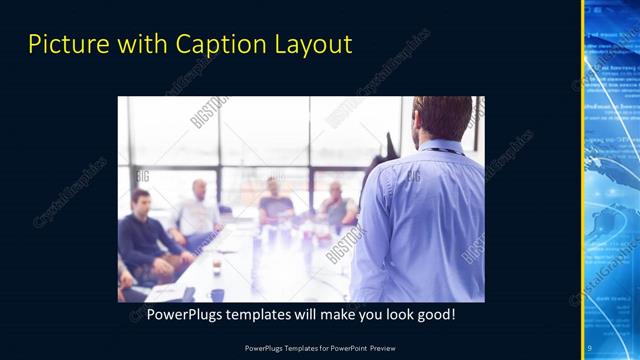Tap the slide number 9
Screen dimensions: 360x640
tap(589, 347)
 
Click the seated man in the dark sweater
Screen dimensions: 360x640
tap(145, 235)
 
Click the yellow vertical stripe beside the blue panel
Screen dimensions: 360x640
tap(583, 180)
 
